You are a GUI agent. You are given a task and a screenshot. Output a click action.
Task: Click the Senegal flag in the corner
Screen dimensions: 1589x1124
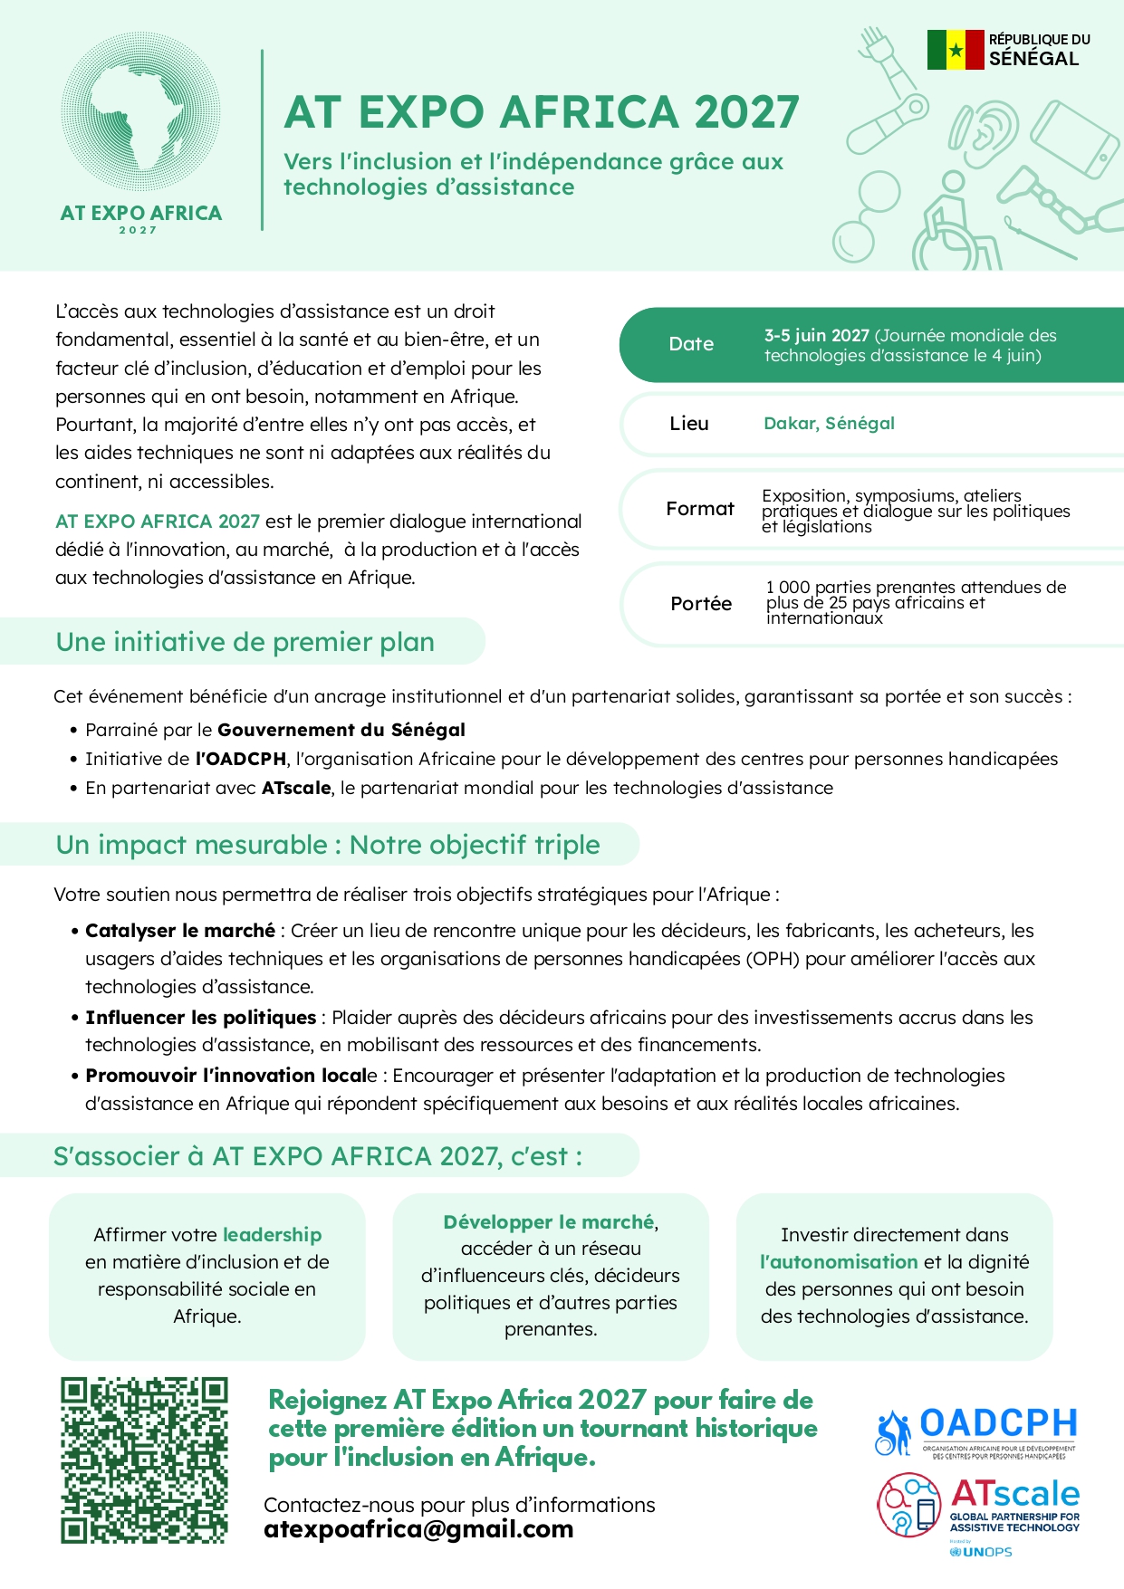[x=955, y=50]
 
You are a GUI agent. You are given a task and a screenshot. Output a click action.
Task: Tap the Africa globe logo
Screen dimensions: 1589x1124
[x=140, y=113]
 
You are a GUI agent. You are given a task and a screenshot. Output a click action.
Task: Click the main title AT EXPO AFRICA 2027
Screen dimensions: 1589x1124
[x=542, y=112]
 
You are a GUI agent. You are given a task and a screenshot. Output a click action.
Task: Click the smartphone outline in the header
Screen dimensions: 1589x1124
[x=1074, y=141]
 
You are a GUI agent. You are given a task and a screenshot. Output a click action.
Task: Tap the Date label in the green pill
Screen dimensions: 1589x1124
[x=691, y=344]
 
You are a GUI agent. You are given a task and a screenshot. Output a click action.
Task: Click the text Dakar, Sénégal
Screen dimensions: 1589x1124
[x=829, y=423]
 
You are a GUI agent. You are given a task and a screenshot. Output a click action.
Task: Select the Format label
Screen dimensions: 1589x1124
[x=699, y=509]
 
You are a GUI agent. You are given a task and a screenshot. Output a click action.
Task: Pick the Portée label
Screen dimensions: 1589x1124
[x=700, y=604]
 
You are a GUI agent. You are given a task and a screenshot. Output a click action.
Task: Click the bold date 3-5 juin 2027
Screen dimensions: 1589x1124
[x=816, y=335]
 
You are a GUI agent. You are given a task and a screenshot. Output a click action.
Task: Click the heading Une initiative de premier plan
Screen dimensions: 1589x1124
[x=245, y=642]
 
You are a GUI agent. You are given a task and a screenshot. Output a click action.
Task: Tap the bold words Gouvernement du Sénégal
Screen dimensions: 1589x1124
[x=341, y=730]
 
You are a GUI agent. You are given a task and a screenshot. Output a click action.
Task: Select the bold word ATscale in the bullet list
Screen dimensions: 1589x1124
[x=296, y=788]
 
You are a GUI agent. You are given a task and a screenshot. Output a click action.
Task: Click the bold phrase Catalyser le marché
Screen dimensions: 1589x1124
[x=180, y=931]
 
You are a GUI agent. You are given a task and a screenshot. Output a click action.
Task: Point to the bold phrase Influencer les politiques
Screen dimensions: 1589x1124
[x=200, y=1018]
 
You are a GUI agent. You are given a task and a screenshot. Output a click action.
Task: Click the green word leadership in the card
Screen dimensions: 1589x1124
[x=272, y=1235]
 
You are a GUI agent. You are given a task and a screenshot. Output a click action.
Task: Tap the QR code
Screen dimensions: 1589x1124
[x=144, y=1460]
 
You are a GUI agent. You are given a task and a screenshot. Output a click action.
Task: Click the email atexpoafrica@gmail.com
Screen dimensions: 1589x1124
[x=418, y=1529]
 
